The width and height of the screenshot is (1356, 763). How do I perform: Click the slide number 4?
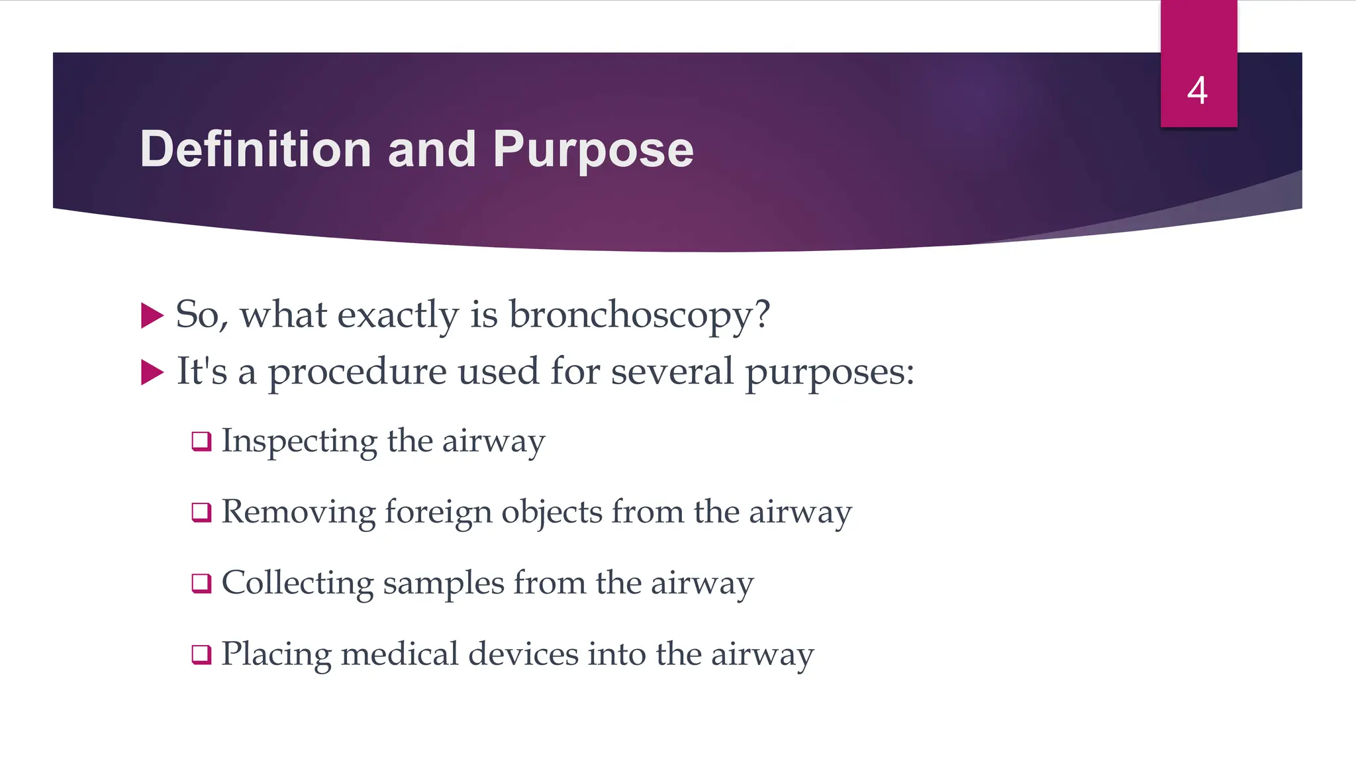(1197, 91)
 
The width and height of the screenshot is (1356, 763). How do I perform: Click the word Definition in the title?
(256, 149)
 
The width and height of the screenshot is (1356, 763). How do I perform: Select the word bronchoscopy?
(639, 315)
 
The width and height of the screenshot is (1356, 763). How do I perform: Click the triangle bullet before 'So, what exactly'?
(152, 316)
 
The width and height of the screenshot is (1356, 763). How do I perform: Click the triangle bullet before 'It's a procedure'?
(152, 373)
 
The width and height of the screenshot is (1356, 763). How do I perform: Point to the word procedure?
(357, 372)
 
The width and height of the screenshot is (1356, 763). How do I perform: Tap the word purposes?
(828, 372)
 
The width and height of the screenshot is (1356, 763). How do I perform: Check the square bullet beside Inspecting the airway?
(201, 441)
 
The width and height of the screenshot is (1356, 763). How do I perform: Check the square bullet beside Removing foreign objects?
(201, 512)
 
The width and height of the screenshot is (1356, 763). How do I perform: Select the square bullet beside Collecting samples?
(201, 583)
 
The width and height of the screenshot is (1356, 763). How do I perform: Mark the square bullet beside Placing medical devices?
(201, 654)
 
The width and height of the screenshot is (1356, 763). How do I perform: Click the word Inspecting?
(299, 441)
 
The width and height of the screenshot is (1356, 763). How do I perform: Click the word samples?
(443, 584)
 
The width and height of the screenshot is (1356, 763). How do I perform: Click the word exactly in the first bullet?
(397, 315)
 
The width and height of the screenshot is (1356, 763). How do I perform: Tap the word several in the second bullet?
(671, 372)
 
